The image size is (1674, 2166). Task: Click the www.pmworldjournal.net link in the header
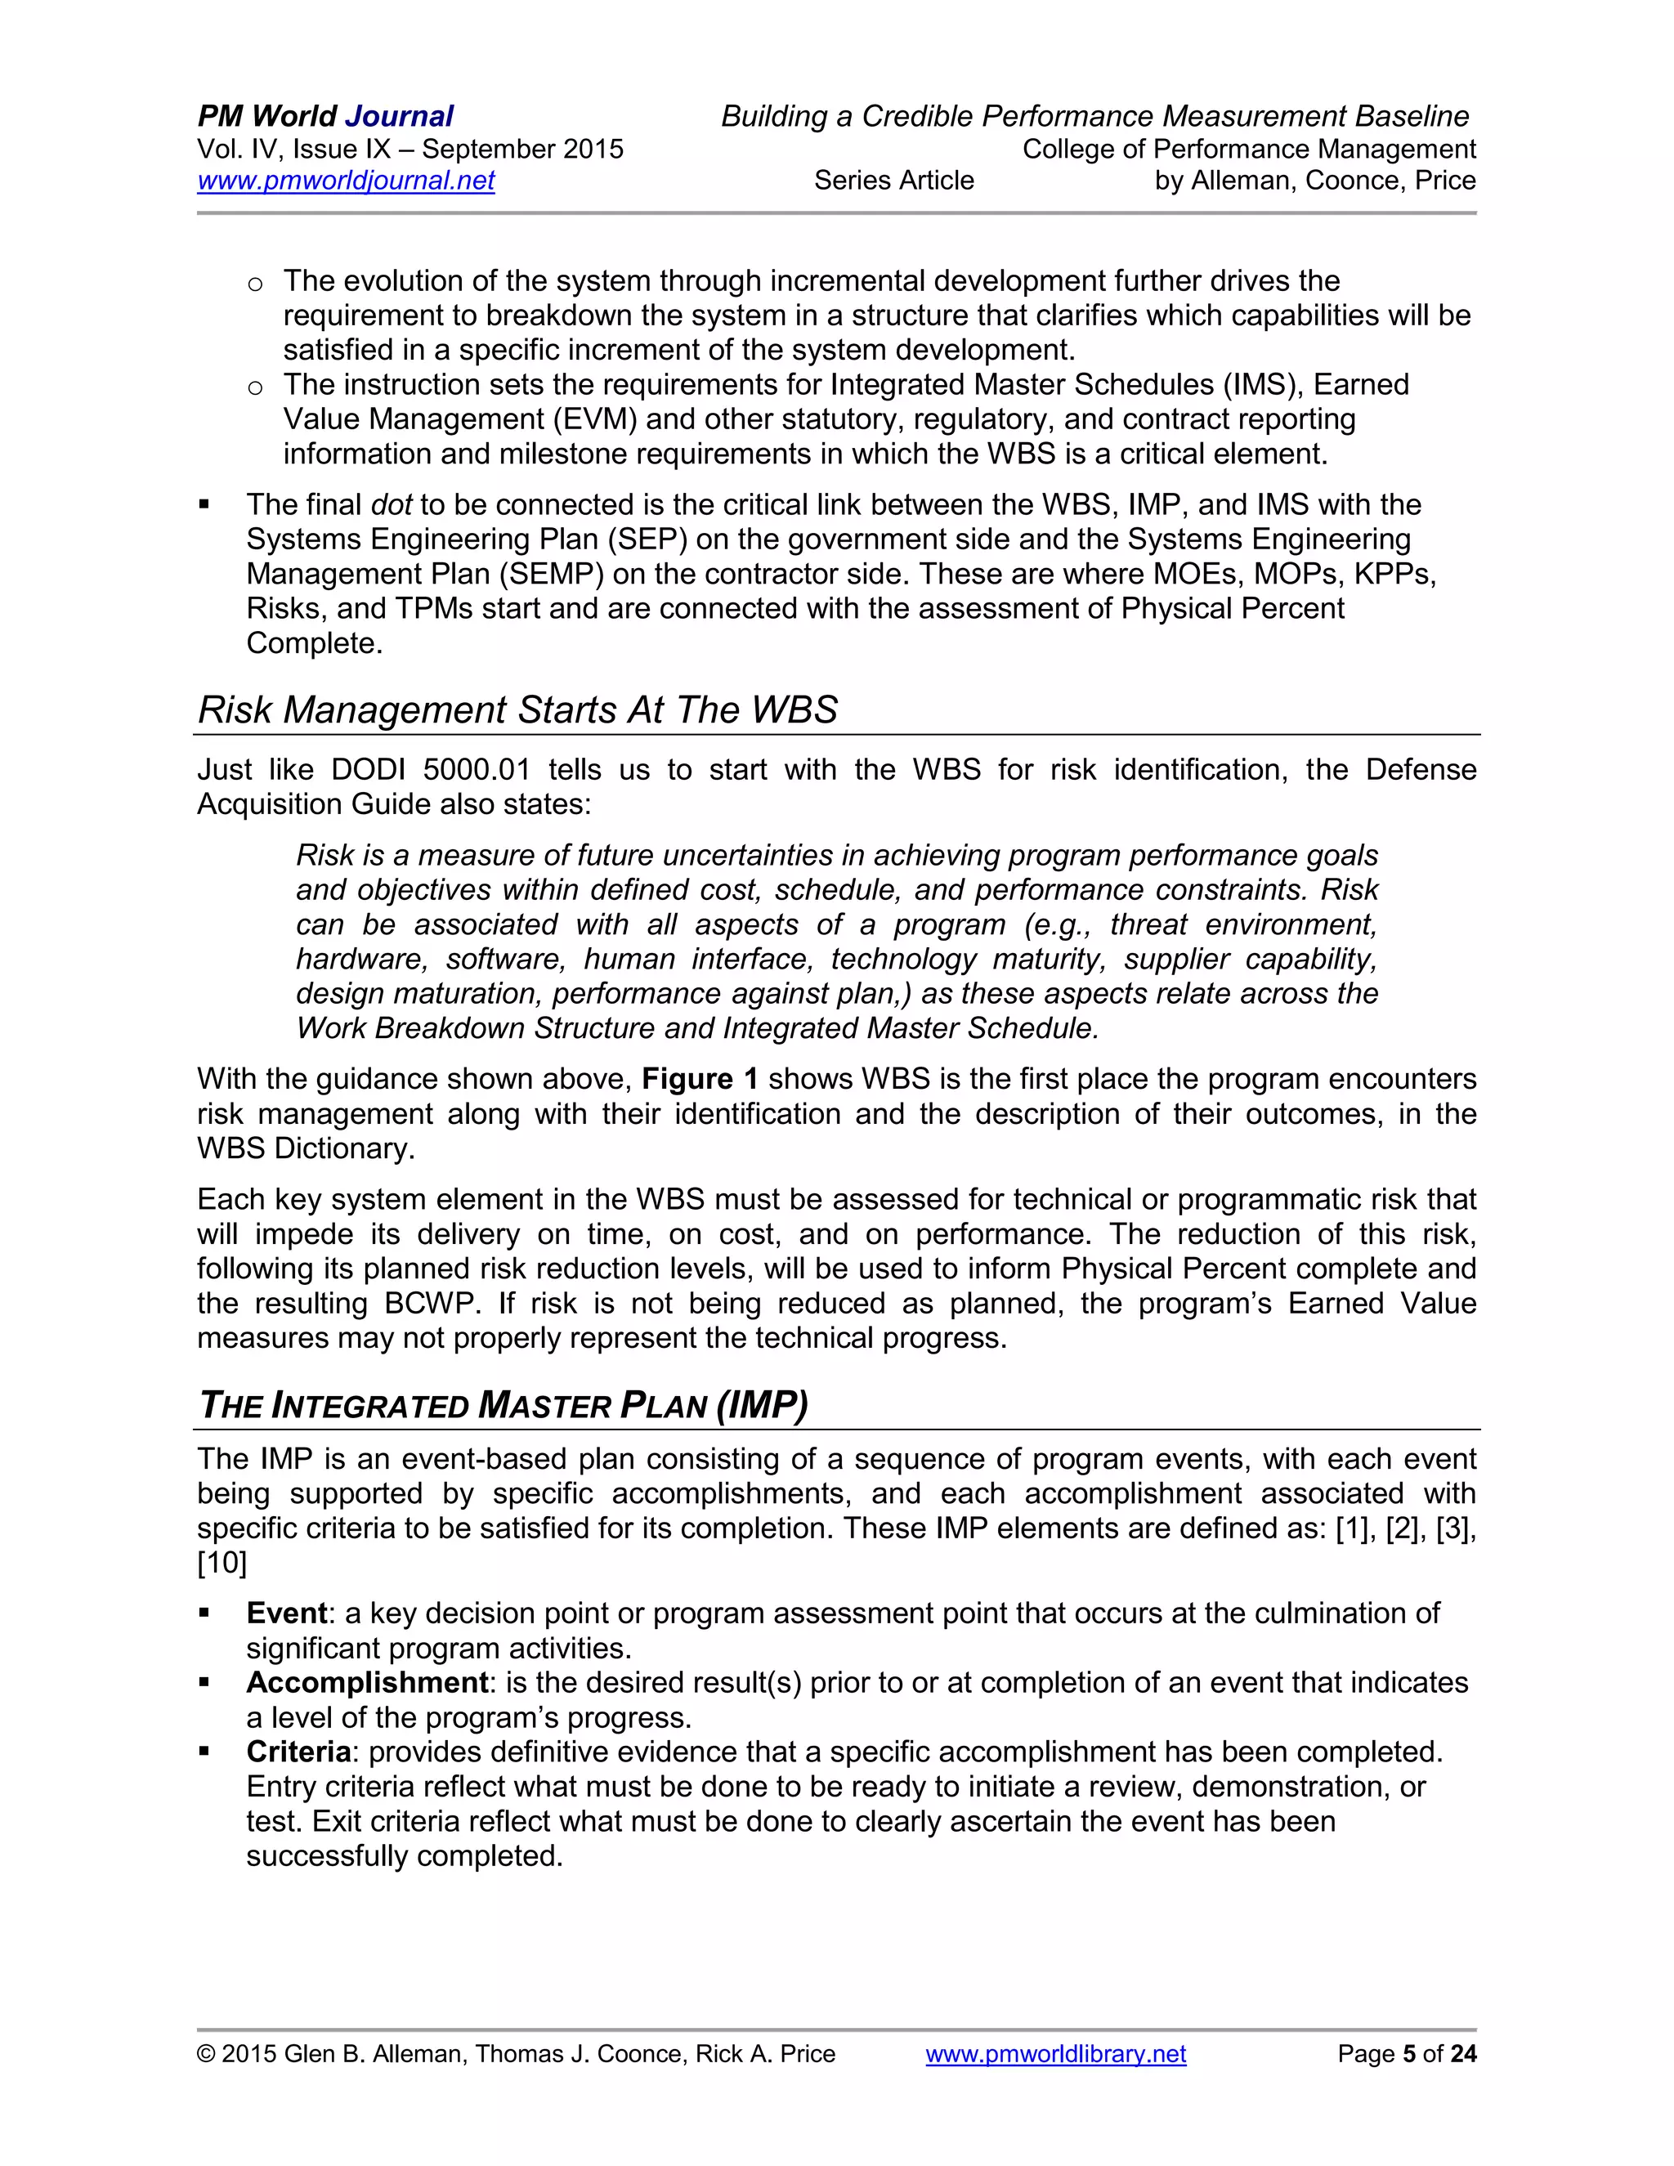click(x=345, y=181)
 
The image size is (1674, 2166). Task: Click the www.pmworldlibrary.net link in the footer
click(x=1055, y=2053)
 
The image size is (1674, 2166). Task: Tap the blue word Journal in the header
click(x=399, y=116)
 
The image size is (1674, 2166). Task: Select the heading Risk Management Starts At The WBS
click(x=517, y=710)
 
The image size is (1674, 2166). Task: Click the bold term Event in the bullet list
click(x=287, y=1613)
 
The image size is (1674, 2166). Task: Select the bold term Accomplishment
click(x=367, y=1683)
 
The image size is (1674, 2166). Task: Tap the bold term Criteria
click(x=298, y=1752)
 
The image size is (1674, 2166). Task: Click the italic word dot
click(x=391, y=505)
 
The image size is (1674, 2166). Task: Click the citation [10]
click(x=222, y=1564)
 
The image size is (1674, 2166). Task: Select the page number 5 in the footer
click(x=1408, y=2053)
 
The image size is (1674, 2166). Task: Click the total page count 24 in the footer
click(x=1463, y=2053)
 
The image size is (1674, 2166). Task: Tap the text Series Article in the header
click(x=893, y=181)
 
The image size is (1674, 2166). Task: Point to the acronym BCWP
click(x=432, y=1303)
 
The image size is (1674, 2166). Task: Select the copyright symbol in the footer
click(x=205, y=2054)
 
